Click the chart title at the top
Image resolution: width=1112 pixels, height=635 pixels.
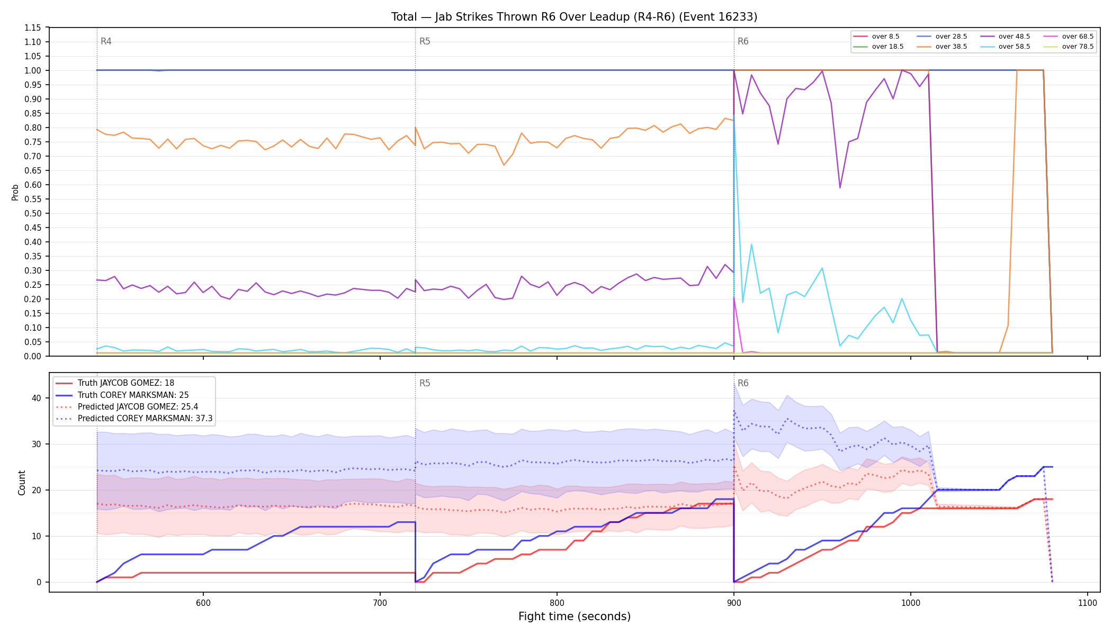click(574, 17)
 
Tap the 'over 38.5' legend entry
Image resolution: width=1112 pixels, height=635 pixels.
click(942, 47)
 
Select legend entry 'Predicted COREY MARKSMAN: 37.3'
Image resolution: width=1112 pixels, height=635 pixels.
click(134, 419)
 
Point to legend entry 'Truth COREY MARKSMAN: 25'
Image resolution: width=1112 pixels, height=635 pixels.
click(122, 395)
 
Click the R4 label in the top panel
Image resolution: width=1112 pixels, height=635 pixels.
click(106, 41)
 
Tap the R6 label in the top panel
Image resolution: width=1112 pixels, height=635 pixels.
click(743, 41)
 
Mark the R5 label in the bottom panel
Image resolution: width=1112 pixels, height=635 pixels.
click(425, 383)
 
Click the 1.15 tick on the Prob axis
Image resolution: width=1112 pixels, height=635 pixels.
click(33, 28)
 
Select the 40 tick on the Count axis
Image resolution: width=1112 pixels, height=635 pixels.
click(37, 398)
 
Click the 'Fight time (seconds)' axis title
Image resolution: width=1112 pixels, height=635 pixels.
click(575, 616)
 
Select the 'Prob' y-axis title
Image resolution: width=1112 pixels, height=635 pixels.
click(15, 192)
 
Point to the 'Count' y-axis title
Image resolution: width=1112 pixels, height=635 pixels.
click(22, 483)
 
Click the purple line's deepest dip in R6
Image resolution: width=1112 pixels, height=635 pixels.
click(840, 187)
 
